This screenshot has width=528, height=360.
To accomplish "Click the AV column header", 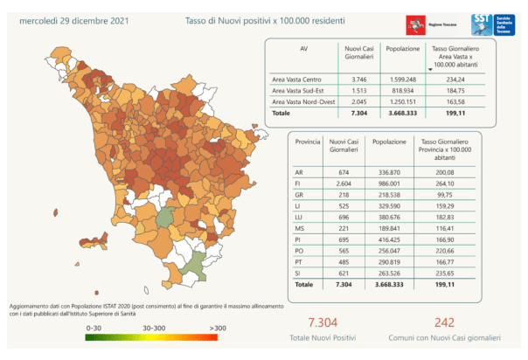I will pos(303,49).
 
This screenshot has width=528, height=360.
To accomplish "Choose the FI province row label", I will pos(300,184).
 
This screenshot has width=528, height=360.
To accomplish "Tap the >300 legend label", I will pos(219,327).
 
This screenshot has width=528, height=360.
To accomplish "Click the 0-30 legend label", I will pos(95,327).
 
